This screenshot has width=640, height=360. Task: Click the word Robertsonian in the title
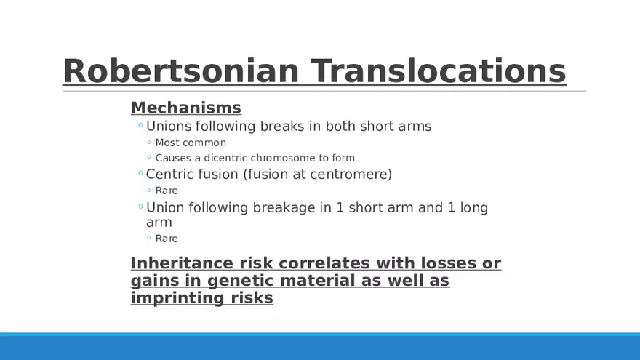181,71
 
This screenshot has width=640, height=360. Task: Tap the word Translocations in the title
439,71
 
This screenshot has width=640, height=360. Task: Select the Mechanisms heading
186,108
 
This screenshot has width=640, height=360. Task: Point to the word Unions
169,126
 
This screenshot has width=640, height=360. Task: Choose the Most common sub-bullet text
191,143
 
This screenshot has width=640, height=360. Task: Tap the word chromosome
284,158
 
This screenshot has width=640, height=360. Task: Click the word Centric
169,175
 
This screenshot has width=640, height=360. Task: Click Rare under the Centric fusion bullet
167,191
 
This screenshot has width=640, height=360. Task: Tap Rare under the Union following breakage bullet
167,239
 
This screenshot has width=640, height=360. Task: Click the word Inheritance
182,263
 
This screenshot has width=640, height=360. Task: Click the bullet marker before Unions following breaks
141,125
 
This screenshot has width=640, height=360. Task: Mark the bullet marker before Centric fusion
141,174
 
